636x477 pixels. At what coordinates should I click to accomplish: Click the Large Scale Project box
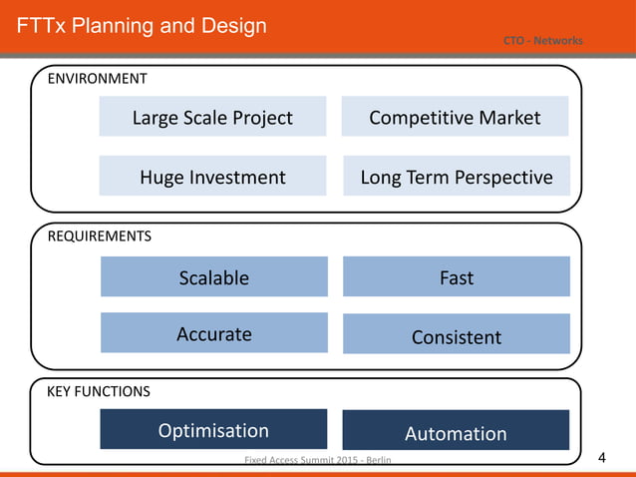pos(212,117)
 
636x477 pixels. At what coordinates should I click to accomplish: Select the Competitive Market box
pos(455,117)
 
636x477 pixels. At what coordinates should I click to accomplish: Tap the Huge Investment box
pos(212,177)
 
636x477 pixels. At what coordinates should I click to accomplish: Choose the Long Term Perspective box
pos(456,177)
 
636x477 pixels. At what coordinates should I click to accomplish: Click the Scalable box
pos(213,276)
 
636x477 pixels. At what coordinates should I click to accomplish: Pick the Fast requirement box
pos(456,276)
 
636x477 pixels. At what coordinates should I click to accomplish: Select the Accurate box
pos(213,333)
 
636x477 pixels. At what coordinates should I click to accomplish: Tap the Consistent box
pos(456,336)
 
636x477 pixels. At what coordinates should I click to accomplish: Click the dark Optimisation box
pos(213,430)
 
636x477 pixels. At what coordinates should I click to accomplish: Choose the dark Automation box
pos(456,432)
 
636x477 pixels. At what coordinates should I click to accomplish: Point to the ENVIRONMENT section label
pos(98,78)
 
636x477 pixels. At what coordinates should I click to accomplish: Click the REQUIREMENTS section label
pos(100,237)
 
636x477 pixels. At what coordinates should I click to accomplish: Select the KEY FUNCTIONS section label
pos(99,391)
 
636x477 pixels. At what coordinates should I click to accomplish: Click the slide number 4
pos(601,459)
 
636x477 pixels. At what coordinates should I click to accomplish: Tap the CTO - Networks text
pos(542,40)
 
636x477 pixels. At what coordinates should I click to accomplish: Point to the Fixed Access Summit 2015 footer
pos(318,460)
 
